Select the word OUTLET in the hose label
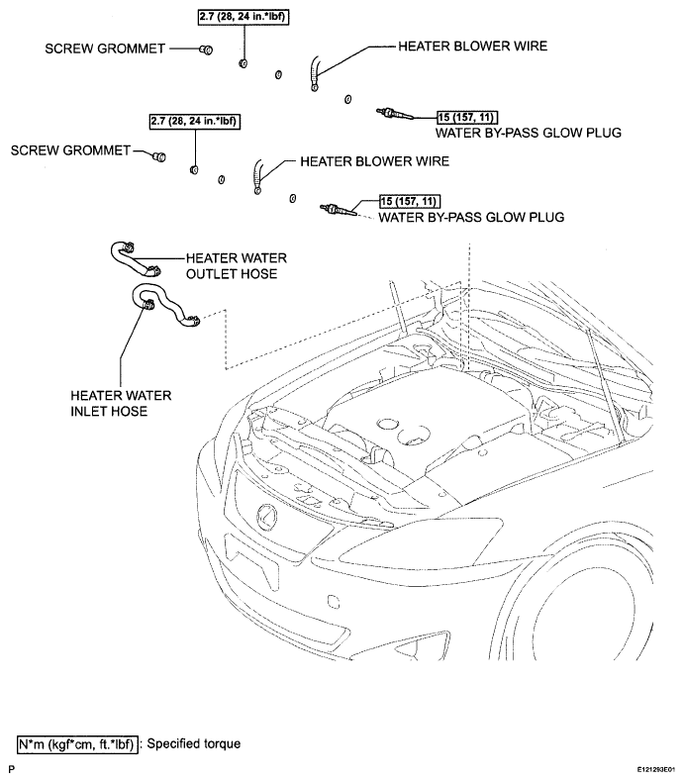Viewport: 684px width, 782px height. coord(211,274)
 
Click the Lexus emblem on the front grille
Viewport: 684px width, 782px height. coord(266,517)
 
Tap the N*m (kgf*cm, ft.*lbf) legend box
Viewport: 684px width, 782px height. coord(77,744)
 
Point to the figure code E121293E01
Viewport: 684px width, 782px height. coord(655,770)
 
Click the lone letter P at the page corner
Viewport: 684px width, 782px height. coord(12,769)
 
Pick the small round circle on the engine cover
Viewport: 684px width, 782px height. coord(387,424)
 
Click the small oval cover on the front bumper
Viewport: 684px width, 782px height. coord(334,602)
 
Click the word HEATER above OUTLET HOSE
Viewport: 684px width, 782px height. coord(210,258)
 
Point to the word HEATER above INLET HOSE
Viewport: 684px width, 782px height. coord(94,396)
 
